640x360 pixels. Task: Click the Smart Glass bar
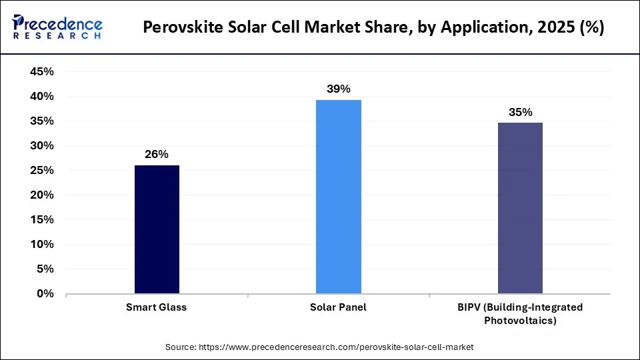tap(157, 229)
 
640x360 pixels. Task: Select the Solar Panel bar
tap(339, 197)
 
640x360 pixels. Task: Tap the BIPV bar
tap(520, 208)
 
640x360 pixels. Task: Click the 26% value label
tap(157, 154)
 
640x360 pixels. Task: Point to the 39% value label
tap(339, 89)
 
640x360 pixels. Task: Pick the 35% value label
tap(520, 112)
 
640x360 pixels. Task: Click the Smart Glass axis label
tap(157, 307)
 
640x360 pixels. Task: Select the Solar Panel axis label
tap(339, 307)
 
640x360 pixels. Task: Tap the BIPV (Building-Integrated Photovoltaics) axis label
tap(520, 313)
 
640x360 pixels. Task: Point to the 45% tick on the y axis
tap(42, 72)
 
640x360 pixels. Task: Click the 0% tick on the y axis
tap(45, 294)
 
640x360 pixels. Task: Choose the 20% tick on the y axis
tap(42, 195)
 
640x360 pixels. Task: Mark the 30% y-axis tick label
tap(42, 146)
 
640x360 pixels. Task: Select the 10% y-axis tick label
tap(42, 245)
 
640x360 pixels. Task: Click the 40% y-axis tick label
tap(42, 97)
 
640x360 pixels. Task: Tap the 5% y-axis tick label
tap(45, 269)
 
